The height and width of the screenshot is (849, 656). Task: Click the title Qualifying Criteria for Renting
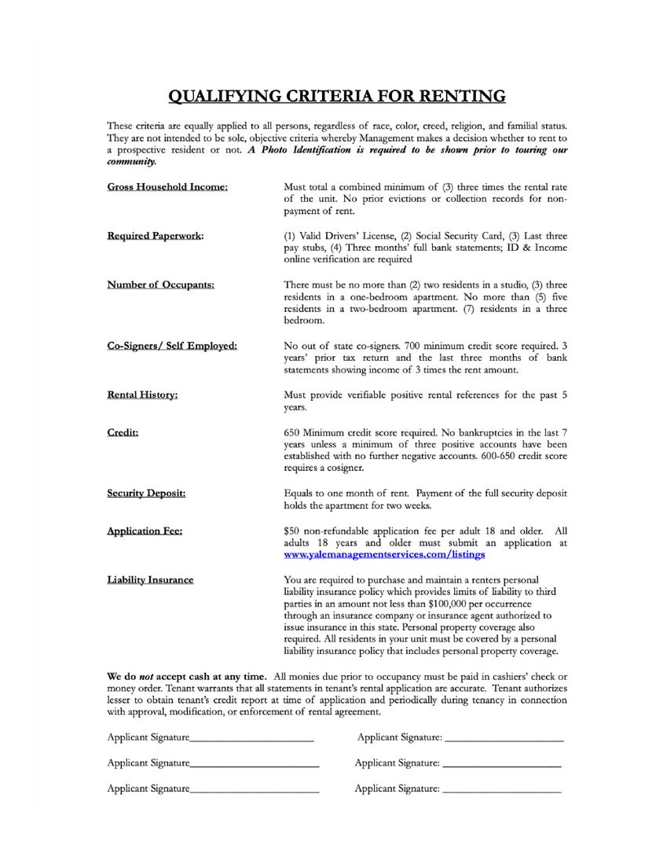click(x=337, y=97)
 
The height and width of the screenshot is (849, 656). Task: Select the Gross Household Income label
click(x=167, y=187)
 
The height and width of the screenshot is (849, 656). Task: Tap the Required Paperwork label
click(x=155, y=236)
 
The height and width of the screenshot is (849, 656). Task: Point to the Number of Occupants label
click(x=160, y=285)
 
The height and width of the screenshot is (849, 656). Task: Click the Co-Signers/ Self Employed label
click(x=171, y=346)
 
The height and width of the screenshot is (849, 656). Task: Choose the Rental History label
click(x=142, y=395)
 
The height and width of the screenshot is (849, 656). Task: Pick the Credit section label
click(x=123, y=432)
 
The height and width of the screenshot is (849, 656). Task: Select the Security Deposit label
click(x=146, y=494)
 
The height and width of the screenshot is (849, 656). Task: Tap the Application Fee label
click(x=145, y=531)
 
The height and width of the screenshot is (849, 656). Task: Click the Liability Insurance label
click(x=150, y=580)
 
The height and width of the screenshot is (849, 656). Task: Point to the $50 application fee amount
click(x=291, y=531)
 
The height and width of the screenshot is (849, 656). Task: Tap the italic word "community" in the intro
click(x=131, y=162)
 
